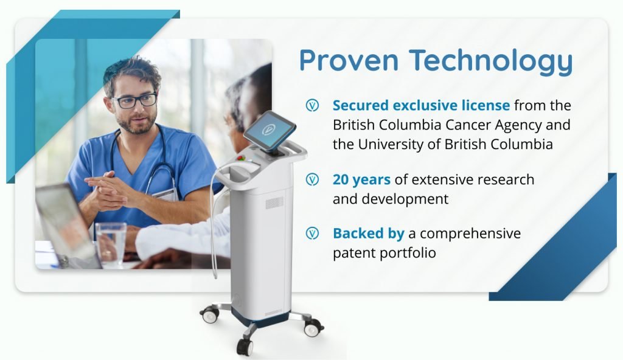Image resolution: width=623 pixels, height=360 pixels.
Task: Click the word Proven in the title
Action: [349, 60]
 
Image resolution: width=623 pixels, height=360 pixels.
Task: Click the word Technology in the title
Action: [491, 61]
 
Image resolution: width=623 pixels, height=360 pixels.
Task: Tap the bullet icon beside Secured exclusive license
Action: [312, 106]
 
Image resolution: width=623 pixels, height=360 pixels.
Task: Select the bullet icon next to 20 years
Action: [312, 179]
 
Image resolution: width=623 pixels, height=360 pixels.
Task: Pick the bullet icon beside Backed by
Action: [312, 234]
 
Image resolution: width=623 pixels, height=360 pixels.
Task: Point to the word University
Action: [391, 145]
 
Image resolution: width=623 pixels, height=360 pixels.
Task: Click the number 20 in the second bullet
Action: [341, 179]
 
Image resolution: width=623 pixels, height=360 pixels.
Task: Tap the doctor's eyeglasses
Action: [135, 100]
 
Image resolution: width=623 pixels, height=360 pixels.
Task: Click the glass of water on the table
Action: [111, 244]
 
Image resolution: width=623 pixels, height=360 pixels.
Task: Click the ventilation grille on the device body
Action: [274, 203]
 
